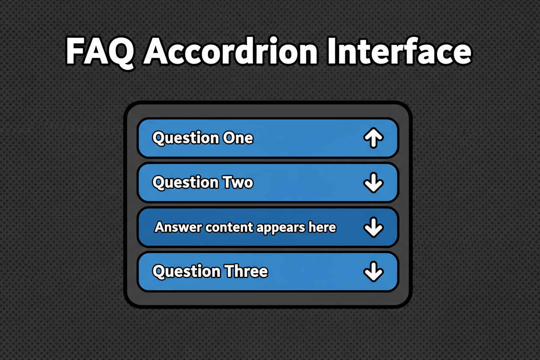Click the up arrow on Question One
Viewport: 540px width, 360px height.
373,138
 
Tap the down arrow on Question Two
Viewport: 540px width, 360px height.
373,183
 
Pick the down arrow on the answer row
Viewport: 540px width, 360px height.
373,227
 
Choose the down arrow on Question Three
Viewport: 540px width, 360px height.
373,272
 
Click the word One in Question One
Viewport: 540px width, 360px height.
238,138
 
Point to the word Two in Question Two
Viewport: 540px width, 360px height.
237,183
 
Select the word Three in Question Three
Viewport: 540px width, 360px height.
245,271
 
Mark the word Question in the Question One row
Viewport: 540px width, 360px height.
186,138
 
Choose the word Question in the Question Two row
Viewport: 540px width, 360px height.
186,183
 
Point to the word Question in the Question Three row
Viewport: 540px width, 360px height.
186,272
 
